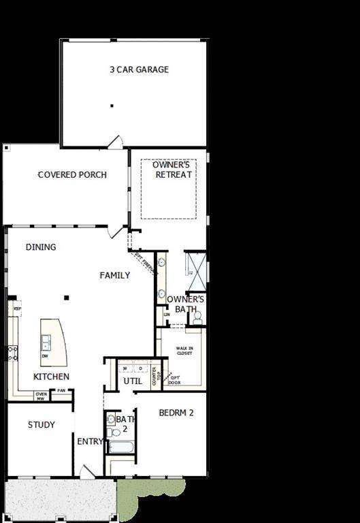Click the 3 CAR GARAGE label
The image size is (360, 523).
pyautogui.click(x=139, y=69)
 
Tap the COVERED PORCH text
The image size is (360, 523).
pyautogui.click(x=72, y=175)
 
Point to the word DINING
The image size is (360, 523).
pyautogui.click(x=41, y=247)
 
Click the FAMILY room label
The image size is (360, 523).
pyautogui.click(x=115, y=275)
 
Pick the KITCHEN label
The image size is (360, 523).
pyautogui.click(x=51, y=377)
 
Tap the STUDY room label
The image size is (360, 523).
pyautogui.click(x=41, y=425)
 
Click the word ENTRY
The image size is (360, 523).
pyautogui.click(x=89, y=441)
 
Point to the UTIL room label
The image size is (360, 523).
pyautogui.click(x=132, y=381)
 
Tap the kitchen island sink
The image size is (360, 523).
pyautogui.click(x=46, y=341)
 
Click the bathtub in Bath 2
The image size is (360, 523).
pyautogui.click(x=122, y=447)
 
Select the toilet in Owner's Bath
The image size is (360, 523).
pyautogui.click(x=196, y=317)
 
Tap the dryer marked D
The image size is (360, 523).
pyautogui.click(x=140, y=368)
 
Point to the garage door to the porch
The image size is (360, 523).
pyautogui.click(x=115, y=142)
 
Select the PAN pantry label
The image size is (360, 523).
pyautogui.click(x=61, y=390)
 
